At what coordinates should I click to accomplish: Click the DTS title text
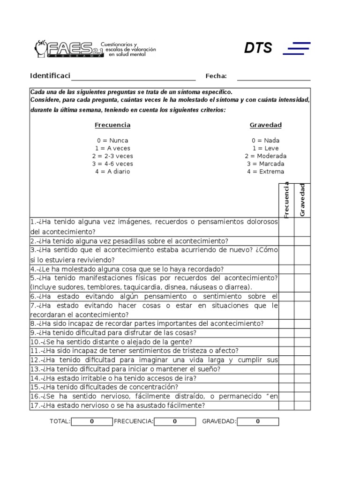[258, 48]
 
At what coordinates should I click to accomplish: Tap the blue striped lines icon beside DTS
[297, 48]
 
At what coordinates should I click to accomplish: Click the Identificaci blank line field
[133, 76]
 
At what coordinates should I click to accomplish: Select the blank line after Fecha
[274, 76]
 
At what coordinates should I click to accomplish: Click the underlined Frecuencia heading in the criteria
[112, 125]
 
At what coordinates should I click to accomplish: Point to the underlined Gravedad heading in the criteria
[266, 125]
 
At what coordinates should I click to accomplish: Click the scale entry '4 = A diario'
[112, 172]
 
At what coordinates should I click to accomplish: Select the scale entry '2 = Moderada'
[266, 156]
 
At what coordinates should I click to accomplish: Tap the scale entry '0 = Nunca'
[112, 141]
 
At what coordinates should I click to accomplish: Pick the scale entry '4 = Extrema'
[266, 172]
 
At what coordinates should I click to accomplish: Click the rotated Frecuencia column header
[286, 200]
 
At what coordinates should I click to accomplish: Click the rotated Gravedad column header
[302, 200]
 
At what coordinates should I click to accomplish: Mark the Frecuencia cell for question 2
[286, 241]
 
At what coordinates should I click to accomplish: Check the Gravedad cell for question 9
[302, 333]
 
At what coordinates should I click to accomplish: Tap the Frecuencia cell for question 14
[286, 378]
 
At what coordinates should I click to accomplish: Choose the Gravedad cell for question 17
[302, 405]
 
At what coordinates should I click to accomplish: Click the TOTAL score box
[92, 421]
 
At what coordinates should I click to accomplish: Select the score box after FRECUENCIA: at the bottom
[175, 421]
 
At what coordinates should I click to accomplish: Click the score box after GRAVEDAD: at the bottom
[258, 421]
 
